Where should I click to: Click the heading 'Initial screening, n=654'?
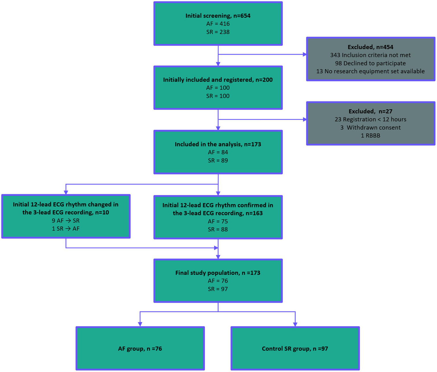[x=218, y=16]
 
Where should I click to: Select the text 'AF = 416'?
[x=218, y=24]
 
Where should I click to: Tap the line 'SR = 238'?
[x=218, y=32]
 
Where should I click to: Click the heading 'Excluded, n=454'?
[x=370, y=47]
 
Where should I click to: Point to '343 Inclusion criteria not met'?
[x=370, y=55]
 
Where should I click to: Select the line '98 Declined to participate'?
[x=370, y=63]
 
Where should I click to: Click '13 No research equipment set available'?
[x=370, y=71]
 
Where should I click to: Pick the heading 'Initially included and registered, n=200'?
[x=218, y=80]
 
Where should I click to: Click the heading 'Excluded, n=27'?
[x=370, y=111]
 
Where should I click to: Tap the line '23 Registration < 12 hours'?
[x=370, y=119]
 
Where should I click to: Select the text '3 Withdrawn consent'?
[x=370, y=128]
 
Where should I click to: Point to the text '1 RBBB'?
[x=370, y=135]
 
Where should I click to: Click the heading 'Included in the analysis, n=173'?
[x=218, y=144]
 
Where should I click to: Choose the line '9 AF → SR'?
[x=66, y=221]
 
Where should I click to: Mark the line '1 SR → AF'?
[x=66, y=229]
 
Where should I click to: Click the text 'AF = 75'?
[x=218, y=221]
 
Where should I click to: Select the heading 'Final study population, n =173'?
[x=218, y=273]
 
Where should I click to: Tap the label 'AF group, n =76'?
[x=140, y=349]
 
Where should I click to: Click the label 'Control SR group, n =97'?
[x=295, y=349]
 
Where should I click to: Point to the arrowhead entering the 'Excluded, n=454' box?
[x=305, y=54]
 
